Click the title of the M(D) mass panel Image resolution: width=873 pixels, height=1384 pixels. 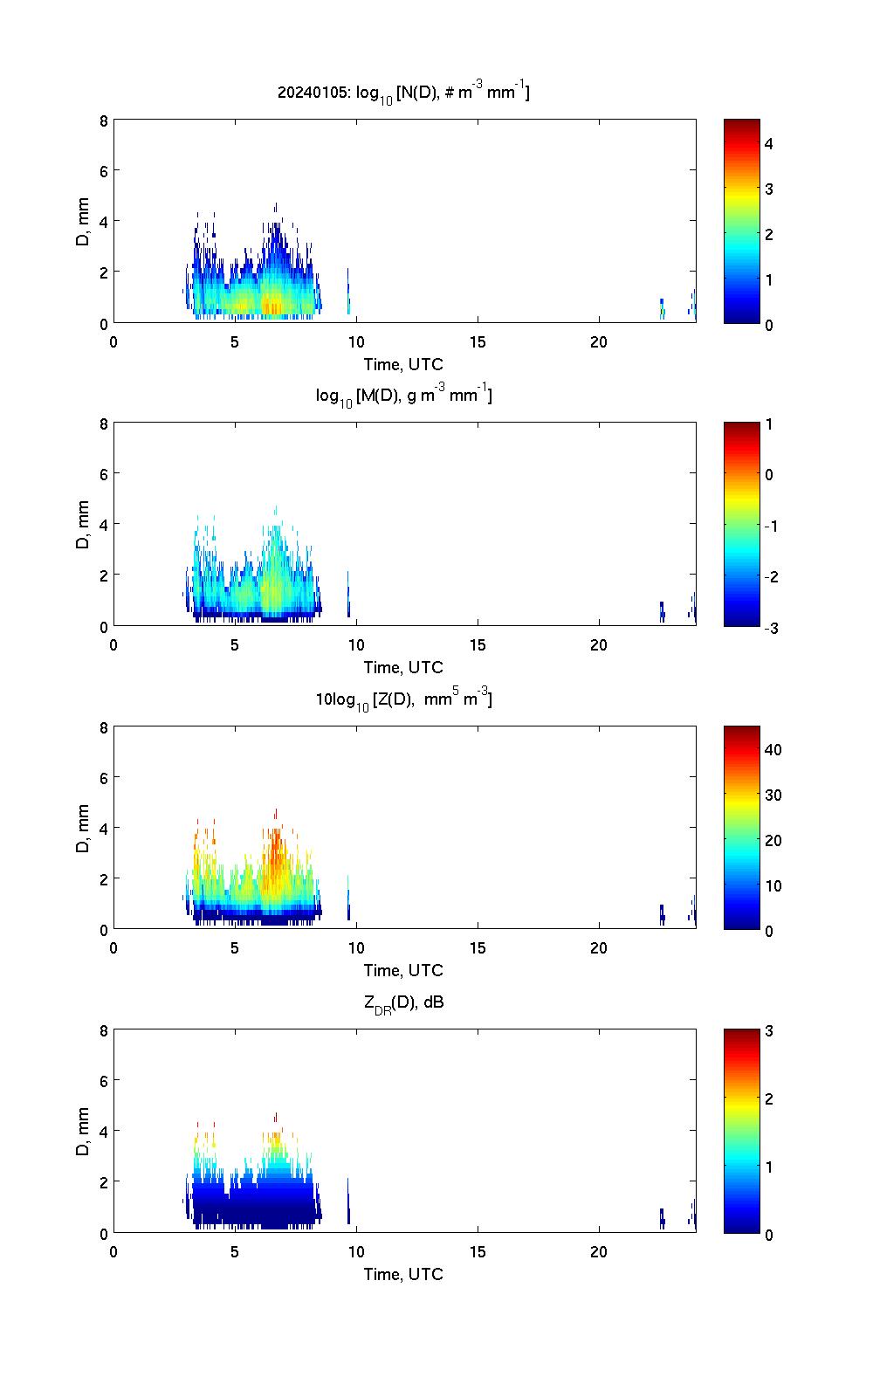(403, 396)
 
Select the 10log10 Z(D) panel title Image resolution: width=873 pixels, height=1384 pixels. (403, 699)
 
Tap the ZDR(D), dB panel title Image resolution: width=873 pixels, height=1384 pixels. (403, 1002)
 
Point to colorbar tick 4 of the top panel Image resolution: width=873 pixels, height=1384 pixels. (769, 143)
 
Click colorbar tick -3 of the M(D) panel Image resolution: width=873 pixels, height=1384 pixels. (772, 627)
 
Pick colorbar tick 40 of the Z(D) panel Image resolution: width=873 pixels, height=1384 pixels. (773, 749)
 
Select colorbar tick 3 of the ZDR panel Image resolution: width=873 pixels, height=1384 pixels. (769, 1031)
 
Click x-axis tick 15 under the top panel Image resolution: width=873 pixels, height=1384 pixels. (478, 341)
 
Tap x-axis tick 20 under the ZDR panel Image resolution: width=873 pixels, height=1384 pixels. (599, 1251)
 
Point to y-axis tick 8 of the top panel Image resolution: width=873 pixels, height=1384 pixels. (103, 120)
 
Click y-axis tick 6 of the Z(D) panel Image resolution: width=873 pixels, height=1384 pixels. (103, 777)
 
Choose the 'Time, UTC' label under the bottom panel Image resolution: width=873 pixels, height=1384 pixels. (403, 1274)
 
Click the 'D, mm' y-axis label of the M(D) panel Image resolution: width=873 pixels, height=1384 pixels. (84, 525)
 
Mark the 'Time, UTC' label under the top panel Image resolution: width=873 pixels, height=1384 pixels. (403, 364)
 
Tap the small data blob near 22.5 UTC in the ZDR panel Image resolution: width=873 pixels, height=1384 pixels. (662, 1219)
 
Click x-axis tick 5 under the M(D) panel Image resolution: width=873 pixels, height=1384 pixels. (235, 644)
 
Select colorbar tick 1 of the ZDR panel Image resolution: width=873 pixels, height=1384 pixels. (769, 1167)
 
